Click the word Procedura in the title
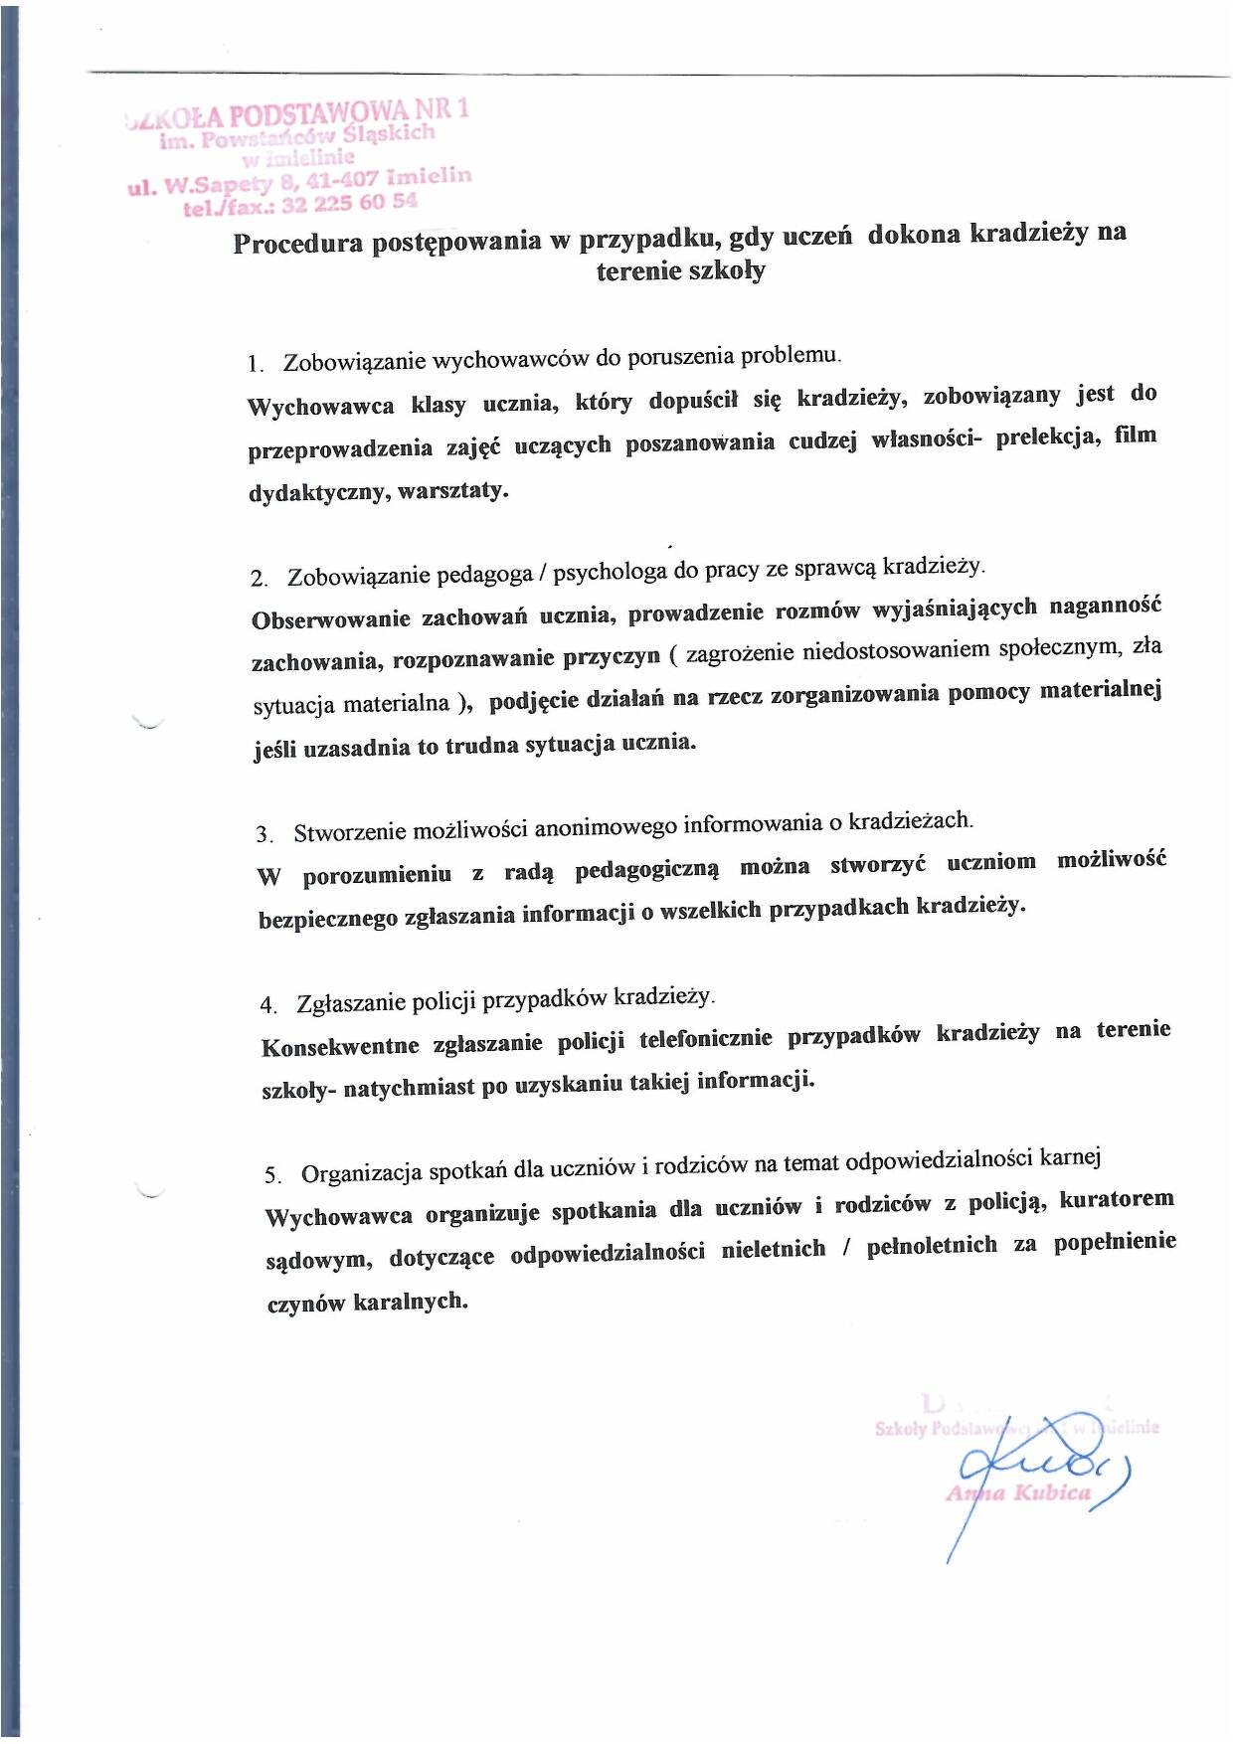(298, 244)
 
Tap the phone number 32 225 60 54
(349, 204)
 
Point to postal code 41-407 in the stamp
(342, 180)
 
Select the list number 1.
(256, 364)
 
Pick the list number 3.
(264, 834)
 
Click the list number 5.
(272, 1176)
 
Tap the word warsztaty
(452, 491)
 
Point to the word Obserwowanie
(331, 619)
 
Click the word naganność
(1105, 607)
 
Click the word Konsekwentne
(340, 1047)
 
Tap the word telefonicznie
(705, 1039)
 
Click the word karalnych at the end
(410, 1302)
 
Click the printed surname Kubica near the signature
(1052, 1493)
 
